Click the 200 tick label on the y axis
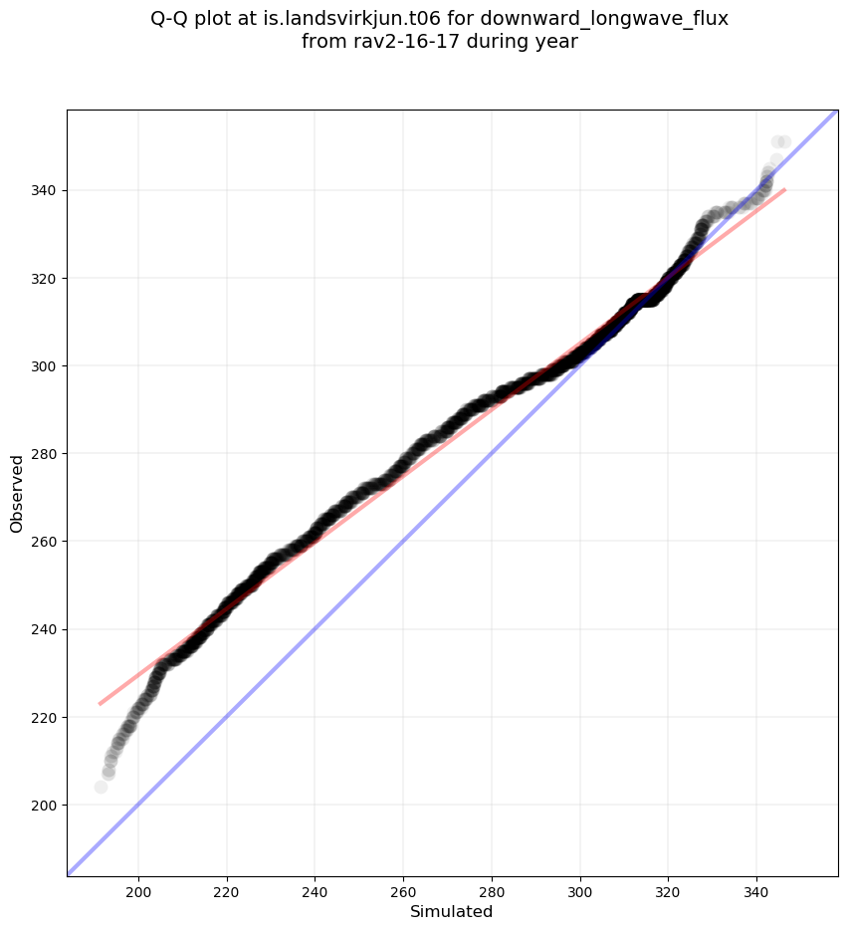coord(46,805)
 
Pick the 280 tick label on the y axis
coord(46,453)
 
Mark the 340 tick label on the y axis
coord(46,190)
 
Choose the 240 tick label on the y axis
coord(46,629)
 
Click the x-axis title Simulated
coord(452,911)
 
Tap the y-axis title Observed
coord(17,494)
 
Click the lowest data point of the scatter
coord(101,788)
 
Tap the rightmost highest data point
coord(784,142)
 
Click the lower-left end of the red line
coord(99,704)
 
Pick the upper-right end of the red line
coord(785,189)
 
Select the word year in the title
coord(555,42)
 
